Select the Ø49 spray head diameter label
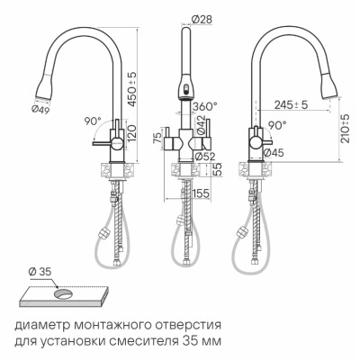tap(40, 110)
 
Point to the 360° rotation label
tap(206, 106)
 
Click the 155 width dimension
tap(200, 192)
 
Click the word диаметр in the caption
tap(41, 324)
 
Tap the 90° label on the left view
tap(67, 119)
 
